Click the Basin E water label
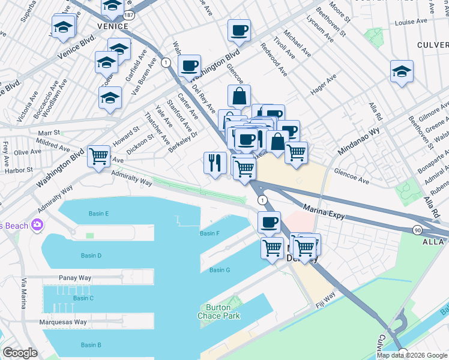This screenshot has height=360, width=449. coord(98,214)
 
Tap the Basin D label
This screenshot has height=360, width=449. coord(91,256)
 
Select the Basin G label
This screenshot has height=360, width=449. coord(220,270)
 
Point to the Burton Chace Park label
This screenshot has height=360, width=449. coord(215,311)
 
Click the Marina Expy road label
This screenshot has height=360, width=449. coord(324,211)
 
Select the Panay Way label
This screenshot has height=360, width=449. coord(75,278)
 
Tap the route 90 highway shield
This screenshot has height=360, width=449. coord(417,230)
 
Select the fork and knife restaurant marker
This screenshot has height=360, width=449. coord(214,162)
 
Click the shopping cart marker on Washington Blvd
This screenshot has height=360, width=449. coord(99,156)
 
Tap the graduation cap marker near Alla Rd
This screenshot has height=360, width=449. coord(402,71)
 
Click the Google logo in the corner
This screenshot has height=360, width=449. coord(20,353)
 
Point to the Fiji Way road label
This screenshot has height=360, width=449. coord(326,297)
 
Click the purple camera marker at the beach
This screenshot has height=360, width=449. coord(37,225)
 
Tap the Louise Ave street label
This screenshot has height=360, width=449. coord(411,22)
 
